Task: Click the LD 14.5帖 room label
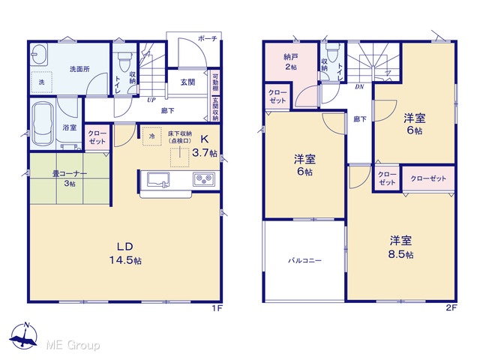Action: (x=125, y=253)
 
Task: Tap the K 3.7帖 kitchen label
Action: (x=205, y=146)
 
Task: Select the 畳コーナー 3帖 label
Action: (x=70, y=178)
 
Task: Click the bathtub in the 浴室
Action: (x=43, y=124)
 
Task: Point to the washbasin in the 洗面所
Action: (x=39, y=54)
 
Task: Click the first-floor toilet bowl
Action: (x=124, y=61)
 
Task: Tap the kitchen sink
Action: (x=158, y=179)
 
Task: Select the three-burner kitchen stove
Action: (x=203, y=178)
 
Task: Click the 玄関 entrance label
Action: (x=187, y=82)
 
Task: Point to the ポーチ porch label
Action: (x=208, y=38)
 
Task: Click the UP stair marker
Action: (x=151, y=100)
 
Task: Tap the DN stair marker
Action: (x=359, y=87)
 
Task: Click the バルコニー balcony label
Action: (x=305, y=261)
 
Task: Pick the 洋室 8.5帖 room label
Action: (x=400, y=247)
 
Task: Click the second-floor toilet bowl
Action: (x=331, y=52)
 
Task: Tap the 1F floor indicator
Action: (x=217, y=308)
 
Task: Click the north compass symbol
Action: (x=24, y=335)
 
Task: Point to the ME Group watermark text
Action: (x=73, y=346)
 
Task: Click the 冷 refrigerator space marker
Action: (x=151, y=136)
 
